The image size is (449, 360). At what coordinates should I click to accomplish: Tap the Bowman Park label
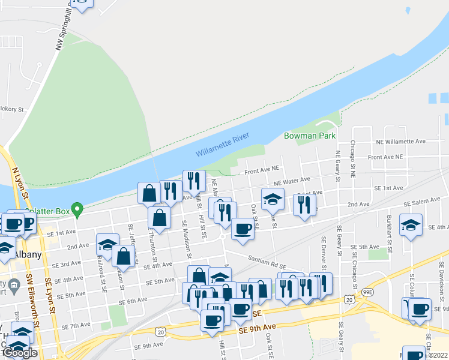coord(310,136)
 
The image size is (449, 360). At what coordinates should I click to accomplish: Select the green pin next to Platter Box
coord(77,210)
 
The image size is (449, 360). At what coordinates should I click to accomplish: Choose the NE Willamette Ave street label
coord(400,142)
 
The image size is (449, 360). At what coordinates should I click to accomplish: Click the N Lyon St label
coord(20,184)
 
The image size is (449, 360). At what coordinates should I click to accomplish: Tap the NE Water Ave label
coord(292,181)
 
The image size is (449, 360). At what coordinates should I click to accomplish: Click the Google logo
coord(19,353)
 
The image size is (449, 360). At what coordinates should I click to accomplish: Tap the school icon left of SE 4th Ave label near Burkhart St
coord(411,226)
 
